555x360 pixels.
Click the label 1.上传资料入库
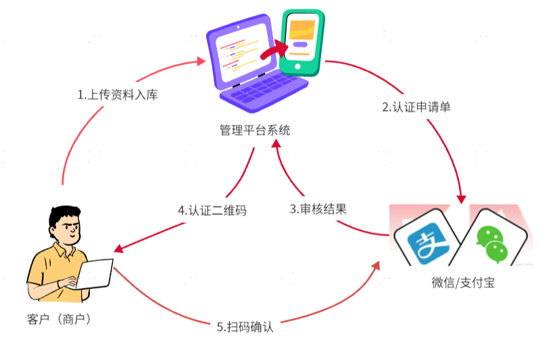118,95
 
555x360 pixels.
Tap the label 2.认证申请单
416,107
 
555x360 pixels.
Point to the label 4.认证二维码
212,210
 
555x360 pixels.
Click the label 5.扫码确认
245,327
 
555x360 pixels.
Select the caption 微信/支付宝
464,283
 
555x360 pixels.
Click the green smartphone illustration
301,43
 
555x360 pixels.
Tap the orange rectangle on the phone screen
301,29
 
